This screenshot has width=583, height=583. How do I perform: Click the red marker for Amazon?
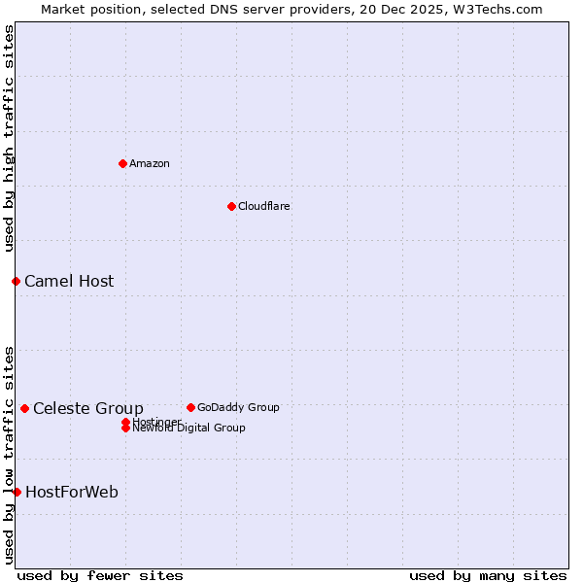click(122, 163)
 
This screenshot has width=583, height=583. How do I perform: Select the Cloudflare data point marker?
click(231, 206)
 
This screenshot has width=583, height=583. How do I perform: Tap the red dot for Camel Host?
click(16, 281)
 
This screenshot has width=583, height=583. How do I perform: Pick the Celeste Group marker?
click(24, 408)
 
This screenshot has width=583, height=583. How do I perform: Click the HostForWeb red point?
click(17, 492)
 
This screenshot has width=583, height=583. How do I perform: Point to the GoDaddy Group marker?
click(190, 407)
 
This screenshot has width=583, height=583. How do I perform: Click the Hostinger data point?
click(125, 422)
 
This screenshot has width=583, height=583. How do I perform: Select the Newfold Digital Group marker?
click(125, 429)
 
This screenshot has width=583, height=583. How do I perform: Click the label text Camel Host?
click(69, 282)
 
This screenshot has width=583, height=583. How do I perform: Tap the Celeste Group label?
click(88, 408)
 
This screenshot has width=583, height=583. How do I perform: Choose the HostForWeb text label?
click(72, 493)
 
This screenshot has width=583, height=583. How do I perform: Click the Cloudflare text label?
click(264, 207)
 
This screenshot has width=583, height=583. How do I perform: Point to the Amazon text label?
click(150, 164)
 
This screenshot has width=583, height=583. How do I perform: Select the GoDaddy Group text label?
click(238, 408)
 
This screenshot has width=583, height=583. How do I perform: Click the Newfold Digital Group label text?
click(189, 429)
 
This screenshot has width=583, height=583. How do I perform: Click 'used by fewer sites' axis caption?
click(100, 576)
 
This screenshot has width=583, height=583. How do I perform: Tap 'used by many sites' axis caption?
click(488, 576)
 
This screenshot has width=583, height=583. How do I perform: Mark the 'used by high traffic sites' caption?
click(9, 138)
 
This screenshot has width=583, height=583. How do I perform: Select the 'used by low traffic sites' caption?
click(9, 455)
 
